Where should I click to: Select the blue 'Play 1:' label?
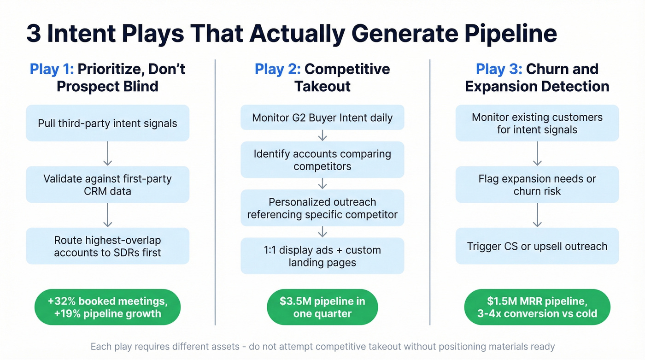(x=52, y=69)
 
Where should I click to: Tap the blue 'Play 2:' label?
(x=277, y=69)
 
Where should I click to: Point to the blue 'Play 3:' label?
(x=498, y=69)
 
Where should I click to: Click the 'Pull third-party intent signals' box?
(x=107, y=123)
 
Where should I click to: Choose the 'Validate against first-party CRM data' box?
(x=107, y=184)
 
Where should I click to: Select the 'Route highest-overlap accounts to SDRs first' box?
(x=107, y=246)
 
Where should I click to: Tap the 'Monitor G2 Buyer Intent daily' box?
(x=322, y=118)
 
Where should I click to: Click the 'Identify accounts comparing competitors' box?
(x=322, y=159)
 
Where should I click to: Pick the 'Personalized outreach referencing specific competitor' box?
(x=322, y=208)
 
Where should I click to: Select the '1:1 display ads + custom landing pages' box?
(x=322, y=256)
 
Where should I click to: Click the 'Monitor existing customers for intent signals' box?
(x=537, y=123)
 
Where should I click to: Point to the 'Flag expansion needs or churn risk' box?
(x=537, y=184)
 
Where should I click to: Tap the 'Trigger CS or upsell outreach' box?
(x=537, y=246)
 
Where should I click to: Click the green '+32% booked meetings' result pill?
(x=107, y=307)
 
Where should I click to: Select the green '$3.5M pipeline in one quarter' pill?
(x=322, y=307)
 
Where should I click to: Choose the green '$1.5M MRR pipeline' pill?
(x=537, y=307)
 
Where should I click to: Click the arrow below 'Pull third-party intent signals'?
(x=107, y=153)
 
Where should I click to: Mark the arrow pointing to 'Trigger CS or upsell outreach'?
(x=537, y=215)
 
